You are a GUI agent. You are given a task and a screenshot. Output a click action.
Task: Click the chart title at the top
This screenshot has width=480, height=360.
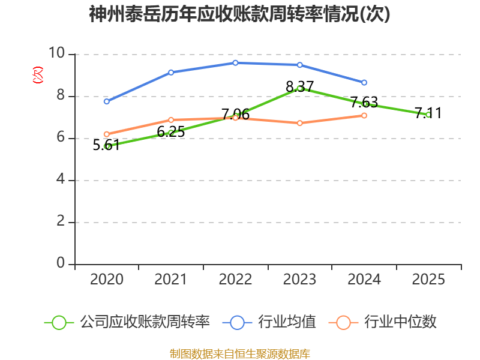pyautogui.click(x=239, y=14)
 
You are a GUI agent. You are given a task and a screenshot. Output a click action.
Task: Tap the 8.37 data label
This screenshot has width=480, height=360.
pyautogui.click(x=299, y=86)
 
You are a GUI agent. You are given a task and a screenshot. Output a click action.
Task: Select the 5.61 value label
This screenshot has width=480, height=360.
pyautogui.click(x=106, y=145)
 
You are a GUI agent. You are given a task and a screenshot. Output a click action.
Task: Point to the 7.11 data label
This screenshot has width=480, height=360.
pyautogui.click(x=428, y=113)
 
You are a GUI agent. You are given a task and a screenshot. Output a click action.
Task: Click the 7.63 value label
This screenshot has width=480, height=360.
pyautogui.click(x=364, y=102)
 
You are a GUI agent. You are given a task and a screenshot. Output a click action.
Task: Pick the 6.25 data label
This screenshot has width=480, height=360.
pyautogui.click(x=171, y=131)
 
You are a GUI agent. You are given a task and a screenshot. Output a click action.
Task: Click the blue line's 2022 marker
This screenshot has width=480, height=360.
pyautogui.click(x=235, y=63)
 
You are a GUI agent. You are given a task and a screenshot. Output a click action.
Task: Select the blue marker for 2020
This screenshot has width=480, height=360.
pyautogui.click(x=107, y=101)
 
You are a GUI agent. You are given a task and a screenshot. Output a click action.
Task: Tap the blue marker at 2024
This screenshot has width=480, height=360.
pyautogui.click(x=364, y=83)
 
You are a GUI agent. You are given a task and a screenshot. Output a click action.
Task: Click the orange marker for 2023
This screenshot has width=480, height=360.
pyautogui.click(x=300, y=123)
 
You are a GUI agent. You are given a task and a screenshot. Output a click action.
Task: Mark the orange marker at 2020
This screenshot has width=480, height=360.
pyautogui.click(x=107, y=134)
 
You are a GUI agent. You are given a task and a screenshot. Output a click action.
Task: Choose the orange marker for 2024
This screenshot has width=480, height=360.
pyautogui.click(x=364, y=115)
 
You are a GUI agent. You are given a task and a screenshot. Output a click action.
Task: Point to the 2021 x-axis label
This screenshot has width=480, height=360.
pyautogui.click(x=171, y=279)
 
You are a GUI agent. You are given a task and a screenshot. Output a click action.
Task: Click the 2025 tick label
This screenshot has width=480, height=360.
pyautogui.click(x=428, y=279)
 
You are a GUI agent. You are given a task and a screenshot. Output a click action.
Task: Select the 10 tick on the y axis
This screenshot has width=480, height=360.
pyautogui.click(x=57, y=53)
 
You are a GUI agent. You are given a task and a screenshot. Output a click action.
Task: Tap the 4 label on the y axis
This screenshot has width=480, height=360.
pyautogui.click(x=61, y=179)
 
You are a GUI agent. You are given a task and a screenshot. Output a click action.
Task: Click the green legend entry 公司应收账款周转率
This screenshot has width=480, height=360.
pyautogui.click(x=127, y=322)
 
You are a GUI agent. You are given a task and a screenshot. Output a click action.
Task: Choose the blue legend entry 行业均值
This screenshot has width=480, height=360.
pyautogui.click(x=269, y=322)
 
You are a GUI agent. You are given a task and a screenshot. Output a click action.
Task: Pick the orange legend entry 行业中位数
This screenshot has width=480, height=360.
pyautogui.click(x=382, y=322)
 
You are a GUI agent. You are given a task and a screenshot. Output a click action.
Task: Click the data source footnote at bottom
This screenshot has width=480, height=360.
pyautogui.click(x=240, y=354)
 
